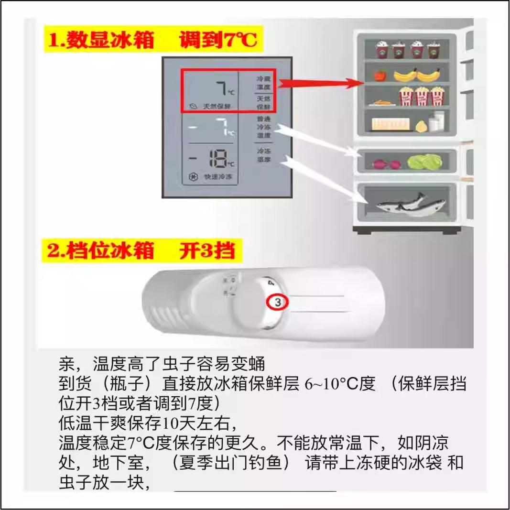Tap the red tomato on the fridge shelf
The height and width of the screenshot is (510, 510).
(x=380, y=76)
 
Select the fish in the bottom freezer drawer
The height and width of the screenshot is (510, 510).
(x=401, y=204)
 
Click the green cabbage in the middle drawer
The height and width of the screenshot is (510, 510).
(x=425, y=162)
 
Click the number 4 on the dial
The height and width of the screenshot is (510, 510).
(x=271, y=283)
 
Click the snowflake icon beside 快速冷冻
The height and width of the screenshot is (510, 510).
(x=194, y=177)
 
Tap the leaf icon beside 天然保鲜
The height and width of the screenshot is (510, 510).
(x=192, y=106)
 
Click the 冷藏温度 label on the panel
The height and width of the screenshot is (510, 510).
(x=263, y=83)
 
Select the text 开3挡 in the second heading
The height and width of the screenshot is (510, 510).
(x=207, y=250)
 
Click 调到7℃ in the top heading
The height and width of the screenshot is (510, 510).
(x=218, y=40)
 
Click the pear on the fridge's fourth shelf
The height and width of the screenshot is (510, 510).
(x=421, y=127)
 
